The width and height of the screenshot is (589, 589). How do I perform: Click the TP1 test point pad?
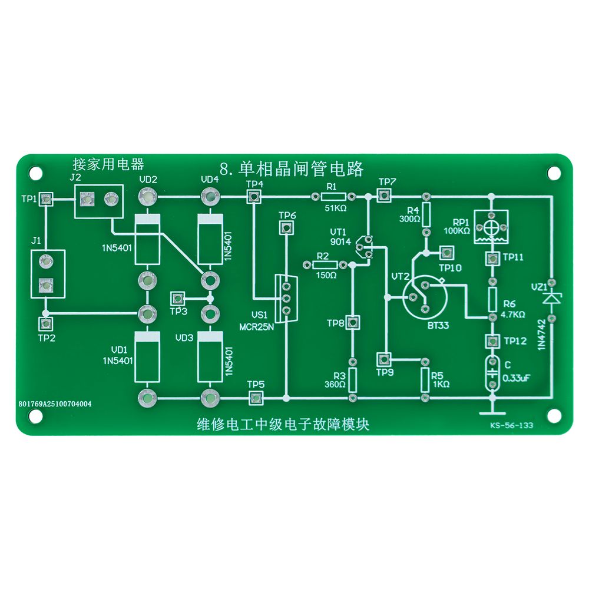[x=46, y=200]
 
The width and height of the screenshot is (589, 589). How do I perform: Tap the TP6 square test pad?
[x=286, y=227]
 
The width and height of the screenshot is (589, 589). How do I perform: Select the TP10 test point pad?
[x=446, y=253]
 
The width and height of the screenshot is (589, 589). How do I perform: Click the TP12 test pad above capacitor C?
[x=492, y=341]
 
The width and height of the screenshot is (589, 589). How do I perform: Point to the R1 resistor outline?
[x=333, y=196]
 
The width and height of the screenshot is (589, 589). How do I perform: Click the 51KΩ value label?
[x=336, y=208]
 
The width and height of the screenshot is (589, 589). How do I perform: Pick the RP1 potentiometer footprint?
[x=491, y=227]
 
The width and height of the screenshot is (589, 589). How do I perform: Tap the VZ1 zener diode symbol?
[x=551, y=299]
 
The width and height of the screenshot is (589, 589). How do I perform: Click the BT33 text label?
[x=438, y=325]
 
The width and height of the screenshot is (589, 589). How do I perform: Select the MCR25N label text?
[x=257, y=327]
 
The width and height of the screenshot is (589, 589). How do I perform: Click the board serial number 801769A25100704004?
[x=55, y=404]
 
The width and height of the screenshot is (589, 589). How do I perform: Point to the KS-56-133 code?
[x=511, y=426]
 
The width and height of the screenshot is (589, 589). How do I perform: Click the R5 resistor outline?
[x=425, y=380]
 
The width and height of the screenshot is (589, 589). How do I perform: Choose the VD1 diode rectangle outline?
[x=147, y=356]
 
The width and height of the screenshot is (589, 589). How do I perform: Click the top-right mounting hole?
[x=554, y=173]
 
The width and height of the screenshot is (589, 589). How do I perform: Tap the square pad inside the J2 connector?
[x=87, y=198]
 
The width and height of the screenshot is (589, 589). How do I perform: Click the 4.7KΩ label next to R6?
[x=513, y=315]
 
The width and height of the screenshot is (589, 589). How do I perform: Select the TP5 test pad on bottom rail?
[x=256, y=398]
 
